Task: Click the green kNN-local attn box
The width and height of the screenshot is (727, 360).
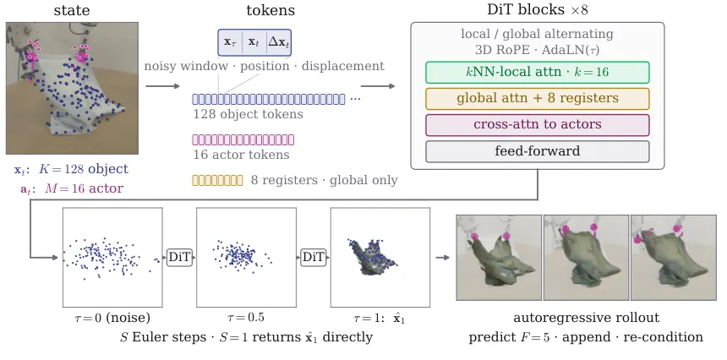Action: [x=538, y=73]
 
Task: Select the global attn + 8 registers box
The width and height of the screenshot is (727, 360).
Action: [x=538, y=99]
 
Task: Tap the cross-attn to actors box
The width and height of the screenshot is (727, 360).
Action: [x=538, y=125]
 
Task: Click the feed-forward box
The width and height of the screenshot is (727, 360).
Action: [x=538, y=151]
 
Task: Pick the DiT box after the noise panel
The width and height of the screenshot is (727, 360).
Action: [x=179, y=257]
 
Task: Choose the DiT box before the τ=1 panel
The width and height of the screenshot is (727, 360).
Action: [x=314, y=257]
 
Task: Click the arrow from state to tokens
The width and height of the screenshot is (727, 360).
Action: [x=162, y=85]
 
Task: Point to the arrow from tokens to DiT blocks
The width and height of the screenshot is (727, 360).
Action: [x=378, y=85]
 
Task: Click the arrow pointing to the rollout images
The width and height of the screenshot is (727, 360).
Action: [x=443, y=257]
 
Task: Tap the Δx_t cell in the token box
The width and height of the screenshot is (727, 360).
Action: [x=279, y=42]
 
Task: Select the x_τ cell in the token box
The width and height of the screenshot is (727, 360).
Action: [x=230, y=42]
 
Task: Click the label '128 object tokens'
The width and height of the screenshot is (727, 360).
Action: [x=248, y=114]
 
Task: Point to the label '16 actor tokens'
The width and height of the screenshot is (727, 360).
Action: [x=241, y=155]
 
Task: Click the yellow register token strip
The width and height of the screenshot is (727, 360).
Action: [x=217, y=180]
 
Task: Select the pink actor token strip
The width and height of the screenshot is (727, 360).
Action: [x=243, y=139]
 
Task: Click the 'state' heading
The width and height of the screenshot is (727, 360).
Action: [x=72, y=10]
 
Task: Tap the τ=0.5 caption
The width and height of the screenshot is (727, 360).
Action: [x=246, y=318]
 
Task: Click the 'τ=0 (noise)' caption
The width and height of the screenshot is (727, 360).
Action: [x=112, y=318]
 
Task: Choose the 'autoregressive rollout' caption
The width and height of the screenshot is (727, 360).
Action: [x=586, y=318]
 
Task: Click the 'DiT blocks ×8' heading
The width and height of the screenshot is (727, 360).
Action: [x=538, y=10]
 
